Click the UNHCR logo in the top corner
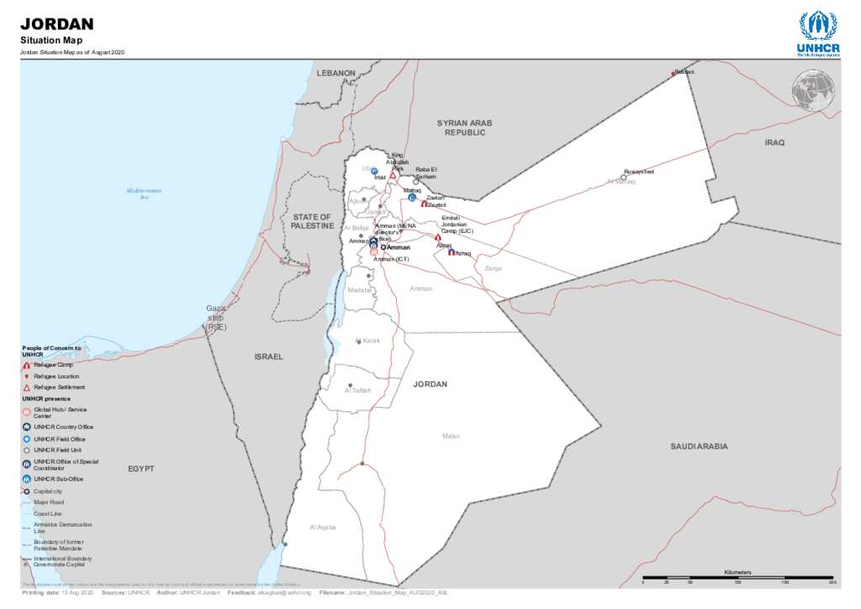pyautogui.click(x=817, y=33)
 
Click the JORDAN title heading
pyautogui.click(x=56, y=24)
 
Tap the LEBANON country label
pyautogui.click(x=336, y=73)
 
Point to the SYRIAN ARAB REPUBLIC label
pyautogui.click(x=465, y=128)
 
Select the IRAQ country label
pyautogui.click(x=774, y=143)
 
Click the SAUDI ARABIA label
pyautogui.click(x=699, y=447)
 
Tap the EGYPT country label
pyautogui.click(x=141, y=469)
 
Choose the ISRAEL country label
pyautogui.click(x=269, y=357)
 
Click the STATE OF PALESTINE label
pyautogui.click(x=312, y=221)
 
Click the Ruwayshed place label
pyautogui.click(x=638, y=172)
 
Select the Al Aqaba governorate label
pyautogui.click(x=323, y=527)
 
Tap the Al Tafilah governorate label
pyautogui.click(x=357, y=391)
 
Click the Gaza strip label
pyautogui.click(x=216, y=317)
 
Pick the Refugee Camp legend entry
pyautogui.click(x=52, y=365)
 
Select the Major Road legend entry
pyautogui.click(x=50, y=502)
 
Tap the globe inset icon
pyautogui.click(x=813, y=91)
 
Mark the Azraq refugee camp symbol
pyautogui.click(x=452, y=252)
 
